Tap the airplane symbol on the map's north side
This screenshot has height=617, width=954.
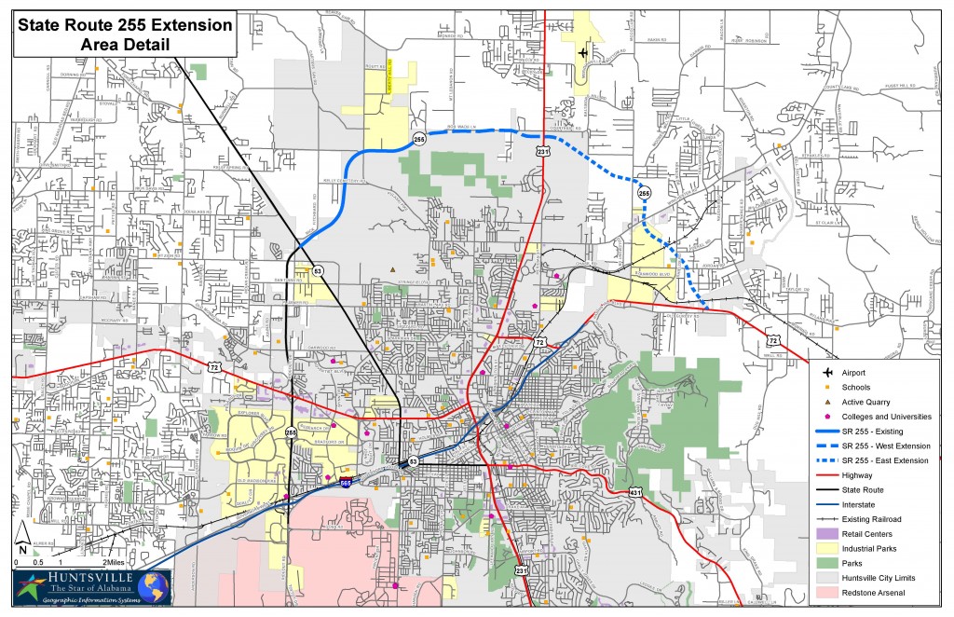pyautogui.click(x=583, y=52)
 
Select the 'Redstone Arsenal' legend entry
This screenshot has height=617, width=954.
pyautogui.click(x=874, y=592)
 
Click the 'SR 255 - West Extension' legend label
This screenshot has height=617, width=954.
pyautogui.click(x=885, y=446)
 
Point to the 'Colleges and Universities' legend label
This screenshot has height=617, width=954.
pyautogui.click(x=886, y=417)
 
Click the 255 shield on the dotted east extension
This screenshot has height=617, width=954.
pyautogui.click(x=645, y=193)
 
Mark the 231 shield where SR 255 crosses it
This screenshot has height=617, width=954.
pyautogui.click(x=544, y=151)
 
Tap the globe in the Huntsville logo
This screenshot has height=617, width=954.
pyautogui.click(x=159, y=587)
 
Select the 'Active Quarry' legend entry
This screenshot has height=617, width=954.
pyautogui.click(x=866, y=402)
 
